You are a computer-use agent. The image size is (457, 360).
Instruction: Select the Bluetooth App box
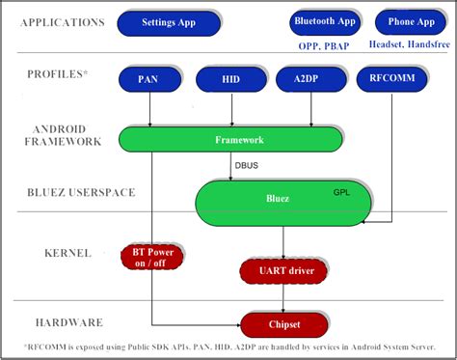324,20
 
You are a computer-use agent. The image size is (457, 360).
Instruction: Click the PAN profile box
149,80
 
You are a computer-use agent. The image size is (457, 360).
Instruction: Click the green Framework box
231,139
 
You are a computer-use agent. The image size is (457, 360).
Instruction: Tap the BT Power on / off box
150,256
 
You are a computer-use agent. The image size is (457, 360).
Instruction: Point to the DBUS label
246,165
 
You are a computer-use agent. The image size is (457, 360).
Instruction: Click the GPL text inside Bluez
341,191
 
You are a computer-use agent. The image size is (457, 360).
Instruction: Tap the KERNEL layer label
67,253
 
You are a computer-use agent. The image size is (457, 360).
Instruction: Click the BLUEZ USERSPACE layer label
67,192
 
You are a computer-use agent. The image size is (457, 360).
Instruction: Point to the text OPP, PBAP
324,43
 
